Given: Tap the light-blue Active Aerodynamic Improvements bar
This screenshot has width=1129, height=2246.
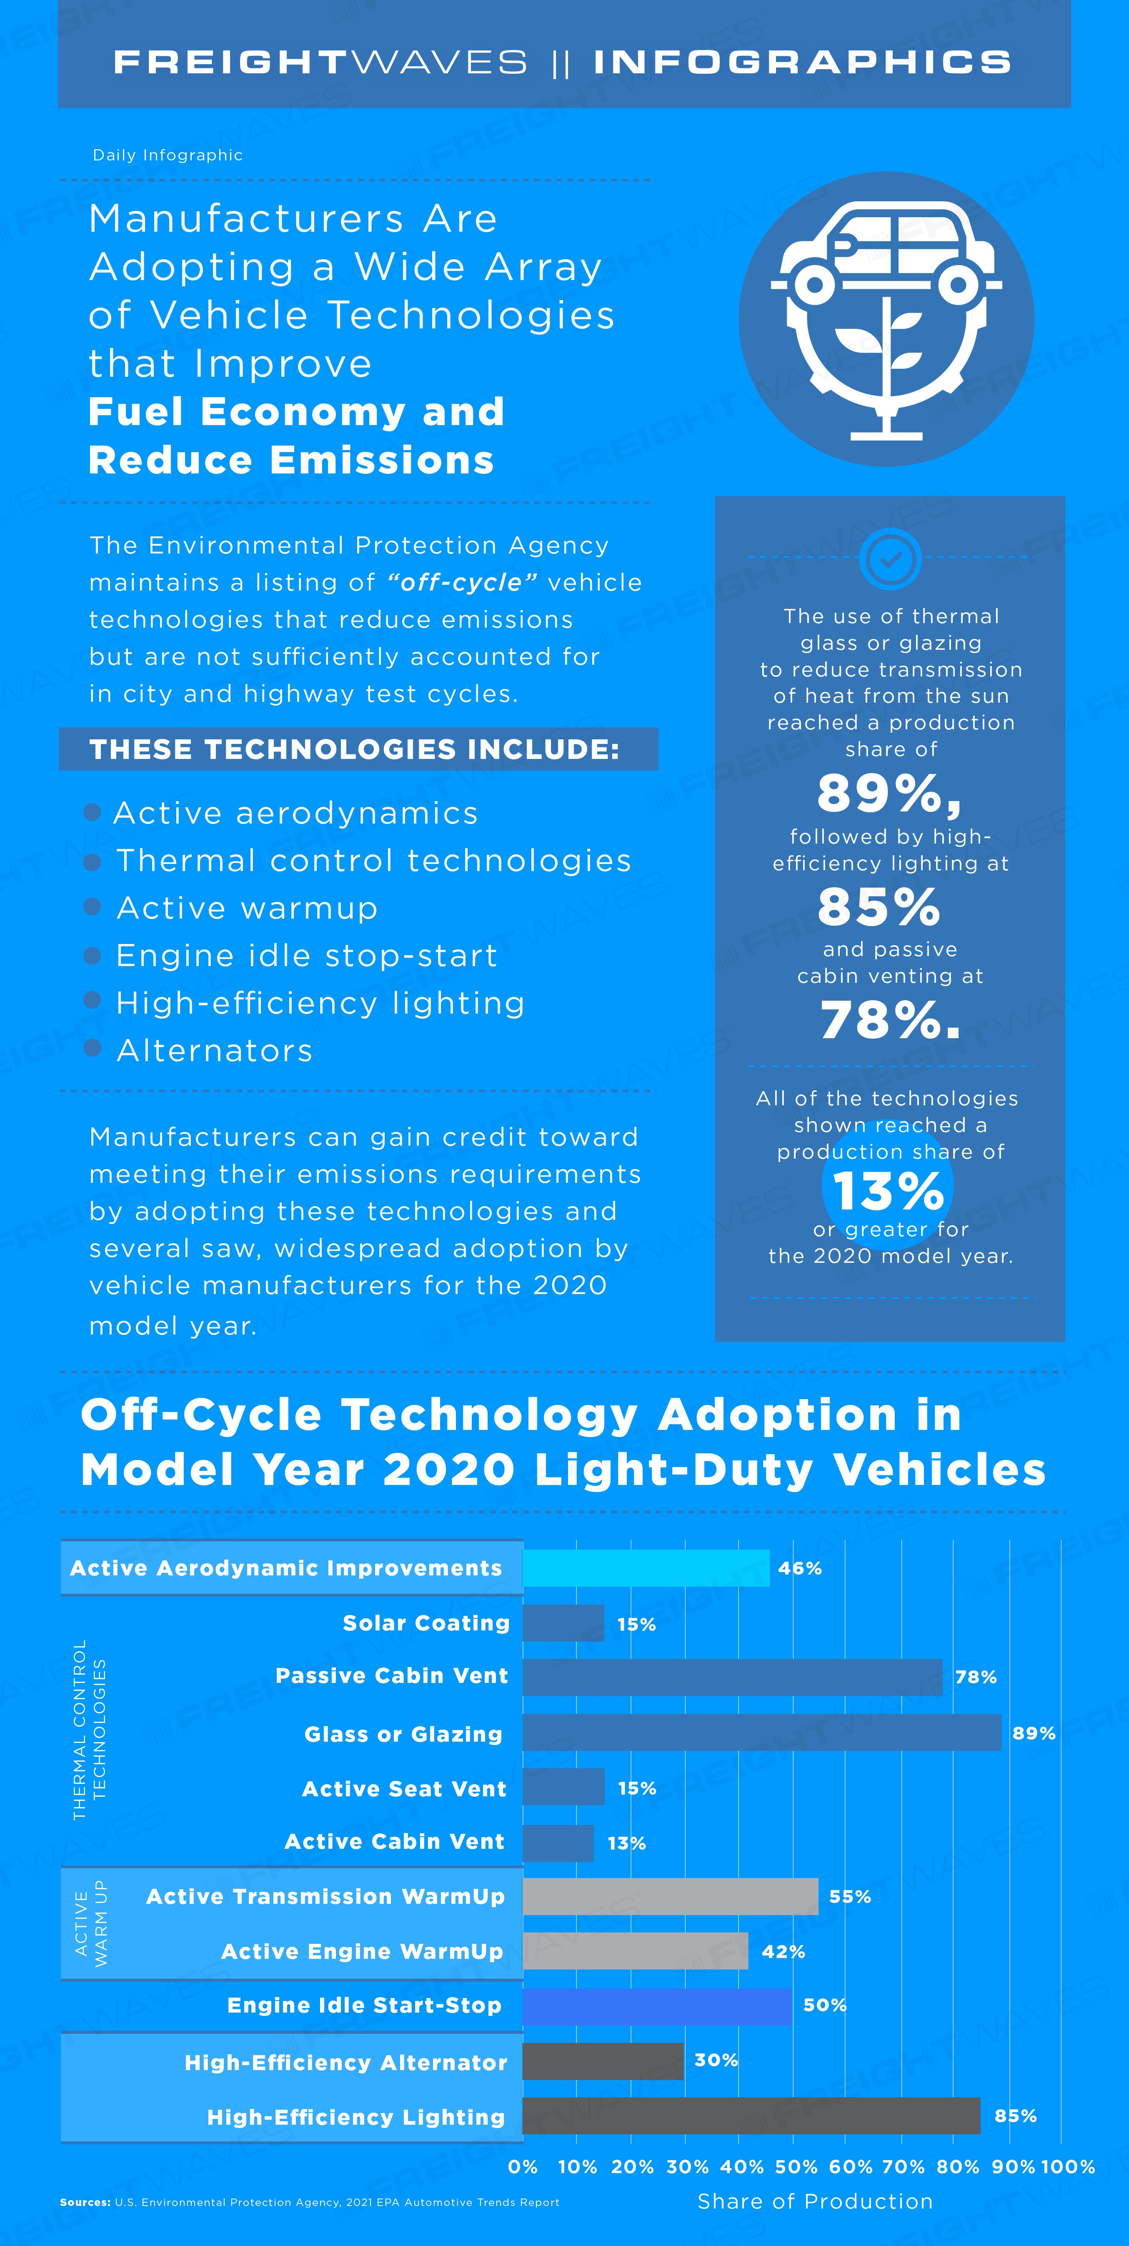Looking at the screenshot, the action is [646, 1567].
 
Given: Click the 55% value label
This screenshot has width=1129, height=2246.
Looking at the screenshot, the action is [850, 1896].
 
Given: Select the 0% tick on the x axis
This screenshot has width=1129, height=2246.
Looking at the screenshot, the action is [523, 2167].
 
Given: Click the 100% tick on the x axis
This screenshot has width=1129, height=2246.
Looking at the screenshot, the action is [1068, 2167].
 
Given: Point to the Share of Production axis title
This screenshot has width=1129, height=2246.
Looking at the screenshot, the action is [815, 2201].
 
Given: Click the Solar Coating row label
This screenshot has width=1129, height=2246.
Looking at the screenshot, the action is [426, 1623].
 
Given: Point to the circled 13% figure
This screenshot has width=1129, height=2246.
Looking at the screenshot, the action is [888, 1189].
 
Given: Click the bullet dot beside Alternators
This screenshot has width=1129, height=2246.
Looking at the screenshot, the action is [93, 1048].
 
